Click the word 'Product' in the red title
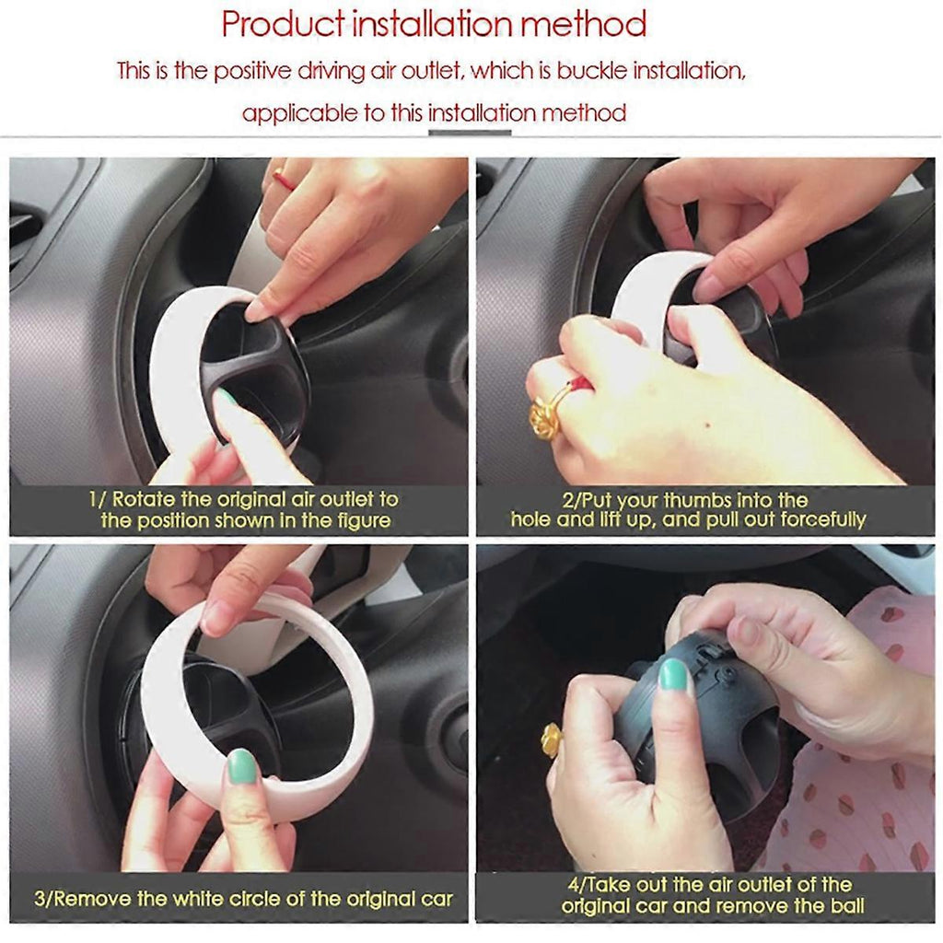[283, 25]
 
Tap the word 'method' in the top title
[583, 24]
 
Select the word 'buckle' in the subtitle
[593, 71]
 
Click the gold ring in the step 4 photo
[552, 739]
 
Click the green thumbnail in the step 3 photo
[242, 765]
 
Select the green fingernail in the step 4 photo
[673, 675]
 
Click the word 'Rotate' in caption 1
[143, 499]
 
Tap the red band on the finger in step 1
[284, 180]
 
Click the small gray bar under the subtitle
[469, 133]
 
